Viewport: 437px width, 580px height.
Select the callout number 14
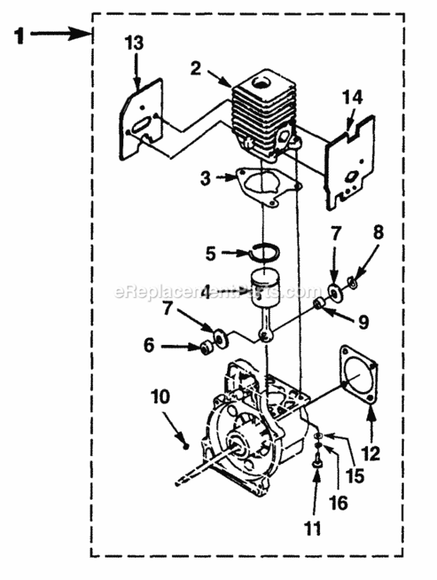[351, 98]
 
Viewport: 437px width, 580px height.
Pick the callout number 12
[372, 455]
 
